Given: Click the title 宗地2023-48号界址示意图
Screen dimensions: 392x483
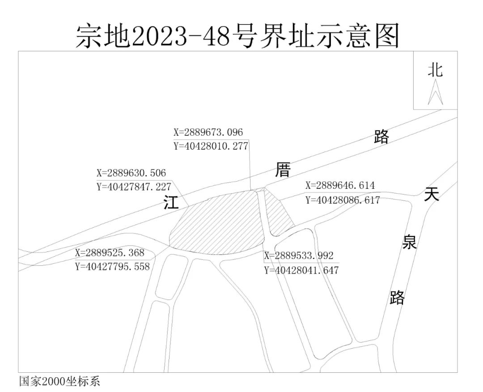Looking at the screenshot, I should click(237, 35).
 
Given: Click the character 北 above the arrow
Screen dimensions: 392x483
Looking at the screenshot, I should click(435, 70).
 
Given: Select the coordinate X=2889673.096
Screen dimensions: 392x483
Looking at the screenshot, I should click(208, 133).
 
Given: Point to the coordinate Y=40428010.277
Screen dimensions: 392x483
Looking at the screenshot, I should click(211, 146).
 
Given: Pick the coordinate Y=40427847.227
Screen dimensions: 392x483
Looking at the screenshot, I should click(134, 187).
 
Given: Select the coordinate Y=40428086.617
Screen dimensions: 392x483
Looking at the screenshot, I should click(343, 200).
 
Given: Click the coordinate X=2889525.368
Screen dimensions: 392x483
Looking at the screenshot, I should click(110, 253).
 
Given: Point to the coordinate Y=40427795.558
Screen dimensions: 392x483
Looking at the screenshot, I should click(112, 267).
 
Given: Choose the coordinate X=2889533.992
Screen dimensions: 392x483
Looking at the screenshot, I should click(299, 256).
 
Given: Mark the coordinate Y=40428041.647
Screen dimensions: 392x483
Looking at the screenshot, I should click(301, 270).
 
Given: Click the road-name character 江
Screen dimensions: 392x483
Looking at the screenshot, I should click(171, 203).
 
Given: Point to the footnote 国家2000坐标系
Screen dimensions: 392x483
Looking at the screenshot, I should click(59, 382).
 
